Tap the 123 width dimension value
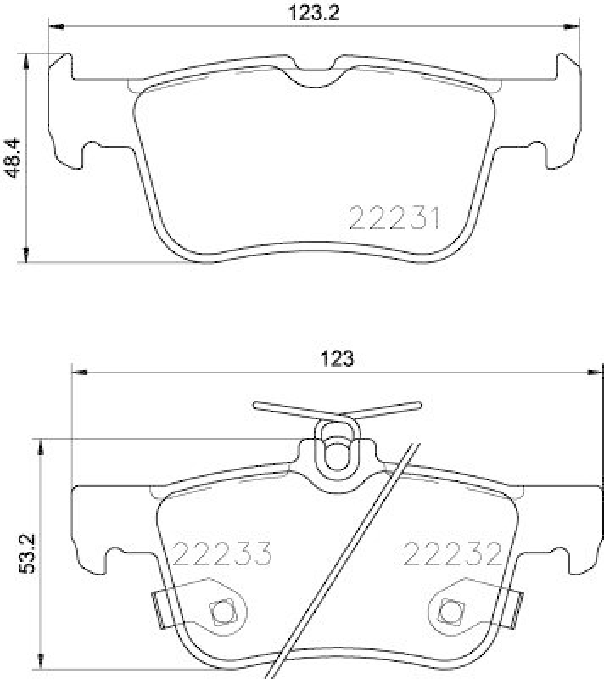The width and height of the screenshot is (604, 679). point(337,357)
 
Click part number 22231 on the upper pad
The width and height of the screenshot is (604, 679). point(394,218)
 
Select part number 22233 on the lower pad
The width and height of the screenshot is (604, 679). point(221,554)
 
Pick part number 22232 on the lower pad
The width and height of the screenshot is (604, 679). point(450,554)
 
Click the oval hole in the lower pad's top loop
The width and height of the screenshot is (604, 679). point(337,453)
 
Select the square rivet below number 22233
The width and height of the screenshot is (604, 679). point(224,609)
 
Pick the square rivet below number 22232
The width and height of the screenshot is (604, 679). point(450,609)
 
